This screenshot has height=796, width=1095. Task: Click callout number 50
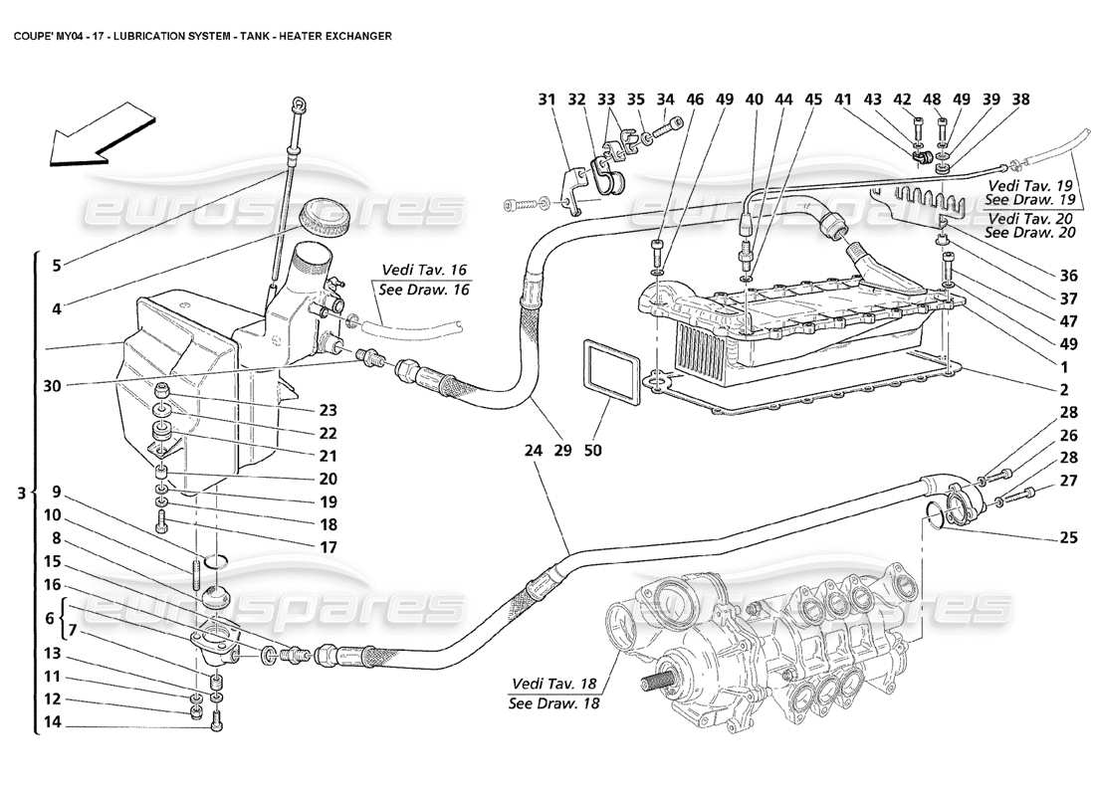[593, 451]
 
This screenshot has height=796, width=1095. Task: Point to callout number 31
[546, 99]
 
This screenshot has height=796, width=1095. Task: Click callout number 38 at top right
[1019, 99]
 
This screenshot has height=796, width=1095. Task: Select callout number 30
[56, 386]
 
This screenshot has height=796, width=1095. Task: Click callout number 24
[534, 451]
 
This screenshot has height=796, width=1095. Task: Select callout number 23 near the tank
[328, 410]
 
